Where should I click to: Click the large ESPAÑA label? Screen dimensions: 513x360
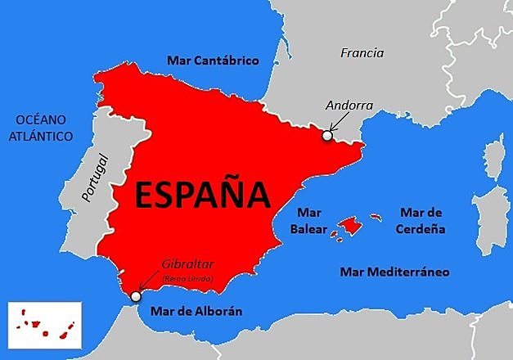(x=201, y=195)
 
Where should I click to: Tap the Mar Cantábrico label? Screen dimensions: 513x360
(x=213, y=61)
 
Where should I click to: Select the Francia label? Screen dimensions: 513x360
(x=362, y=53)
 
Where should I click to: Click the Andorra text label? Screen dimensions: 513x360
(x=349, y=106)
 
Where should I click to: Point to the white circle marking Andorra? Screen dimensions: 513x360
(x=327, y=136)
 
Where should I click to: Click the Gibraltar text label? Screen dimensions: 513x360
(x=187, y=265)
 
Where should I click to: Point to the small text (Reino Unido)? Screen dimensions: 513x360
(x=188, y=278)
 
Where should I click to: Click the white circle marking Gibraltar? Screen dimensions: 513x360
(x=135, y=297)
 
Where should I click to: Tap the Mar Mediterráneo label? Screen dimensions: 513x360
(x=395, y=272)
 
